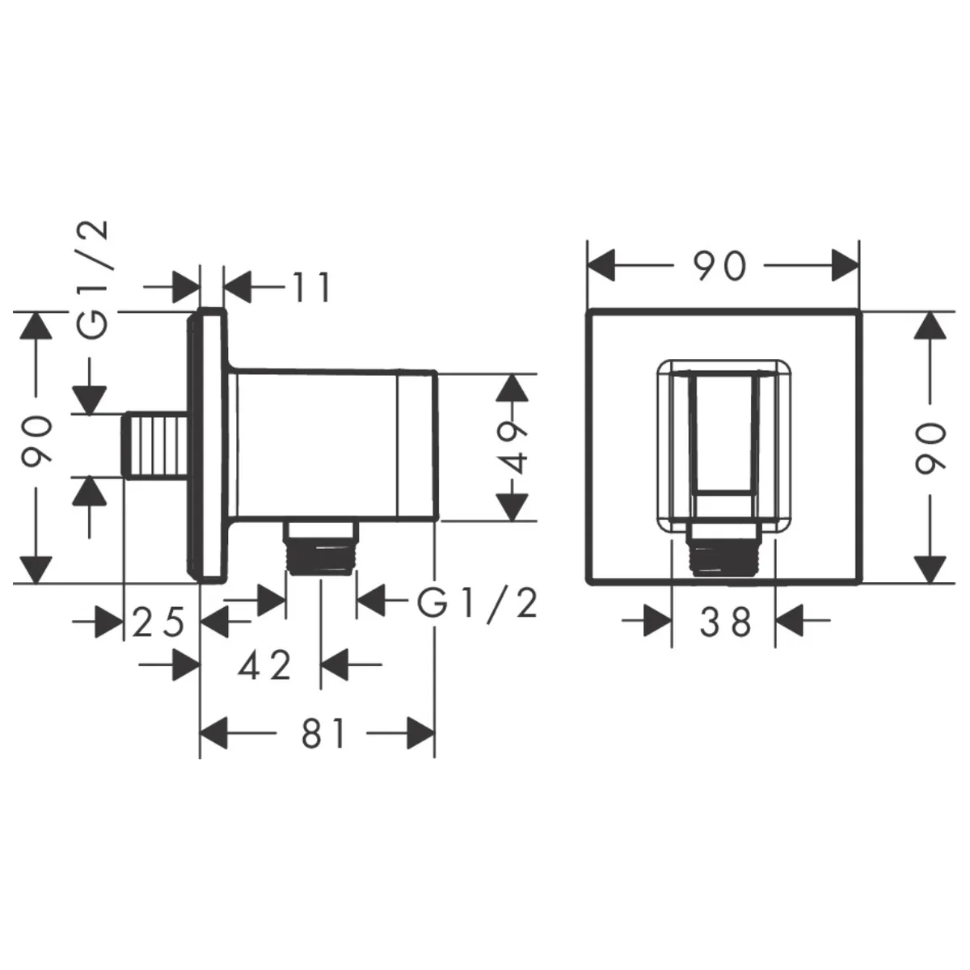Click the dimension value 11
click(x=311, y=287)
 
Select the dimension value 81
click(x=323, y=733)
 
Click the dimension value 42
click(x=265, y=665)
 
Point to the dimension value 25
click(x=158, y=622)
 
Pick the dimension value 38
click(x=725, y=622)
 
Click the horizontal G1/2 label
click(x=477, y=604)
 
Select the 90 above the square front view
click(x=719, y=266)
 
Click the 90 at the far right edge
click(x=930, y=448)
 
